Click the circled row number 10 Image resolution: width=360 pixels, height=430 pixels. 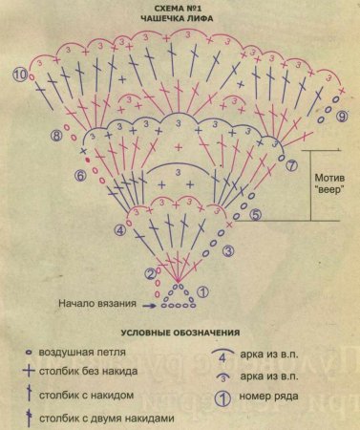coord(19,75)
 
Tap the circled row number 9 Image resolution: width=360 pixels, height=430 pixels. coord(341,117)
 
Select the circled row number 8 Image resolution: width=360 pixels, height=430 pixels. coord(57,137)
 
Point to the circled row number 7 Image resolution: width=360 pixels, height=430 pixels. coord(292,164)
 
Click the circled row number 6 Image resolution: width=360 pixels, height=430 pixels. coord(80,176)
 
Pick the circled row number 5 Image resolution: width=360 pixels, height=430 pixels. coord(256,215)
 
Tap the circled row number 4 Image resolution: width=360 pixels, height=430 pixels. coord(119,230)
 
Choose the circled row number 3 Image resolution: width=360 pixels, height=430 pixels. coord(229,250)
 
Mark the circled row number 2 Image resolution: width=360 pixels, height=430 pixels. coord(150,274)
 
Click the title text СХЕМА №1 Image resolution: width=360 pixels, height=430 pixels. coord(180,7)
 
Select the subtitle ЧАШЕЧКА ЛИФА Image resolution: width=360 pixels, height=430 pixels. coord(180,18)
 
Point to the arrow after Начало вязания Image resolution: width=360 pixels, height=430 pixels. coord(149,305)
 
